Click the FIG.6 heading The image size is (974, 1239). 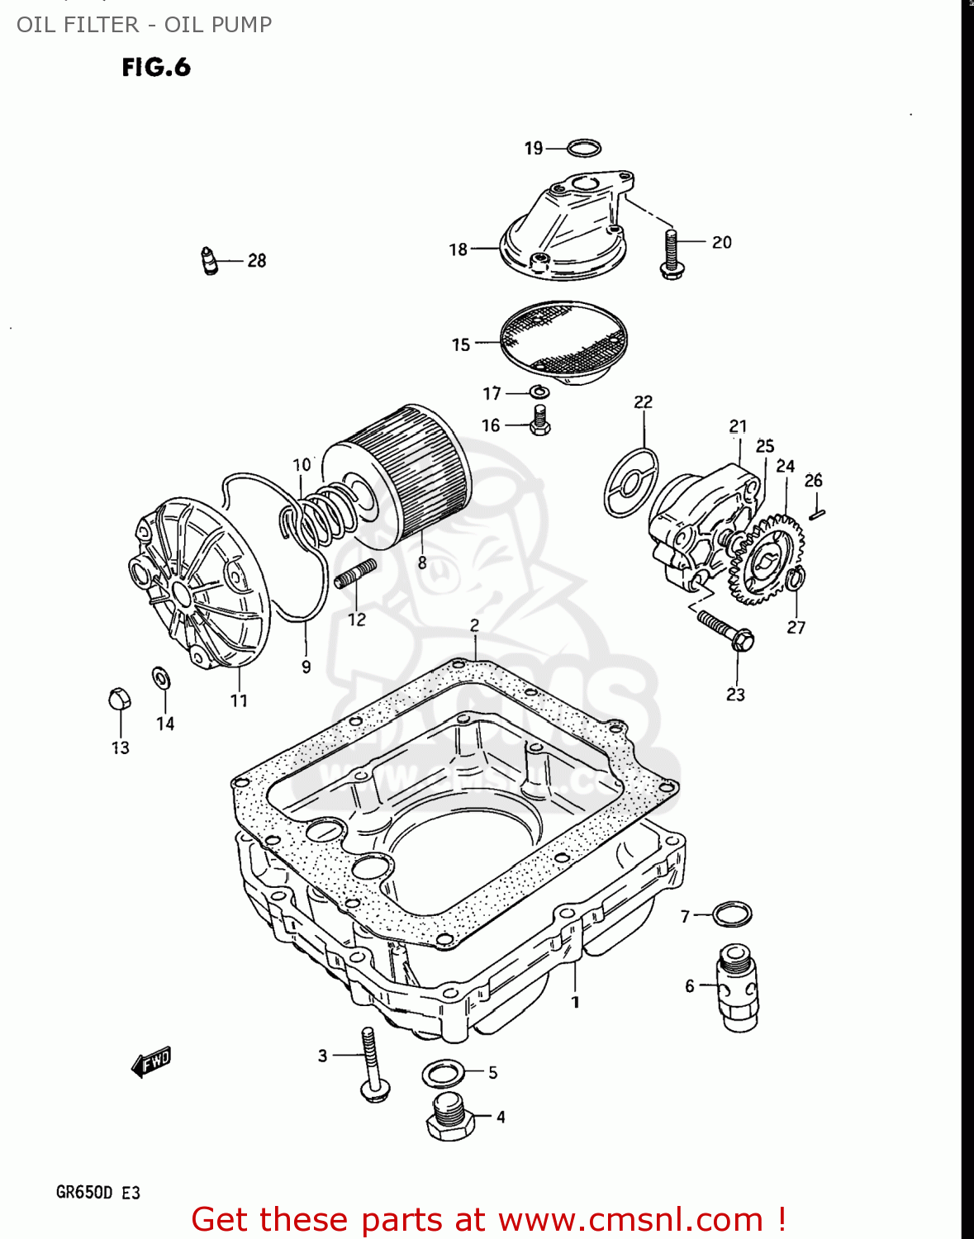[156, 67]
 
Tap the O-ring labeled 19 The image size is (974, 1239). [584, 149]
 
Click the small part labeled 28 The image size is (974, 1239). [209, 260]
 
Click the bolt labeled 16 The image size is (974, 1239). [540, 420]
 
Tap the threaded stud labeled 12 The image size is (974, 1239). [356, 572]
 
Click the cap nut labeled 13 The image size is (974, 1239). [120, 699]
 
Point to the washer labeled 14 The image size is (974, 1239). [160, 678]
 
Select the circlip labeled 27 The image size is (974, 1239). [795, 579]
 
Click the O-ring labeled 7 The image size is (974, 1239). [732, 914]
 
